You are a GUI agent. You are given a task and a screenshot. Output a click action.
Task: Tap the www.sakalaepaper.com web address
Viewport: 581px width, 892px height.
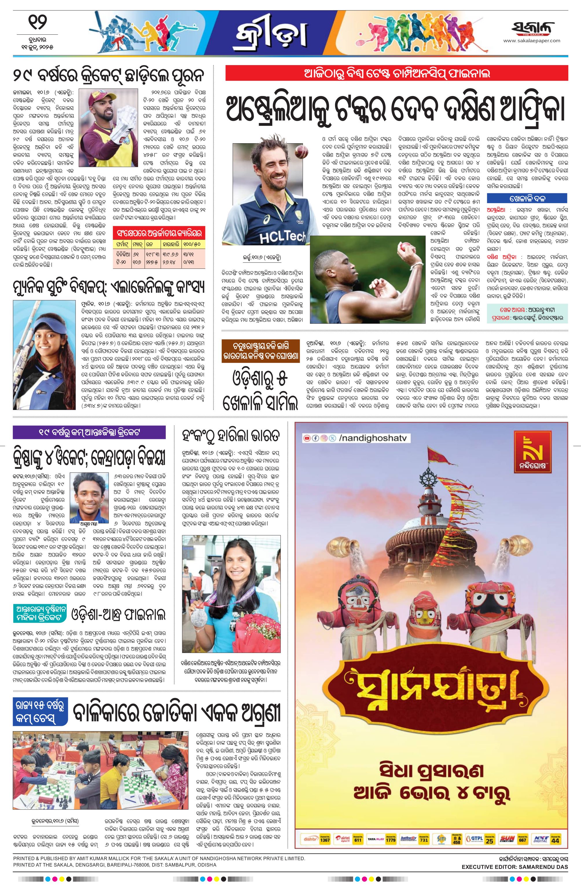532,41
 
